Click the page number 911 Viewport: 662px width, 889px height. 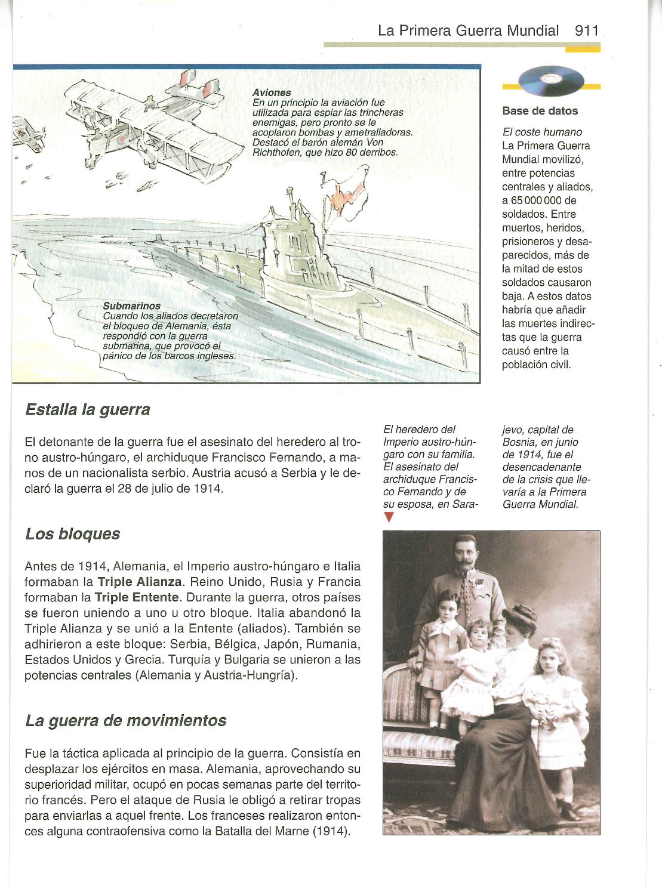pos(586,30)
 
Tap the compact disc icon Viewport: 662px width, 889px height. pos(552,81)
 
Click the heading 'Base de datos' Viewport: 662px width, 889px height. pos(540,110)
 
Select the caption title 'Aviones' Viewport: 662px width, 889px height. pos(272,92)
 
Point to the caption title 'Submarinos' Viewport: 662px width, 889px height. pos(131,306)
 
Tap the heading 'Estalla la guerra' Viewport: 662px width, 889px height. pos(88,410)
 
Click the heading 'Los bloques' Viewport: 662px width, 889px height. pos(73,534)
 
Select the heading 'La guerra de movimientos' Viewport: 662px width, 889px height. pos(126,721)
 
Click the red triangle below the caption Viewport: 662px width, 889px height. pos(389,517)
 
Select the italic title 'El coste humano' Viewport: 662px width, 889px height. pos(541,132)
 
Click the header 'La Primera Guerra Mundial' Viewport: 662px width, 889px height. pos(468,30)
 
